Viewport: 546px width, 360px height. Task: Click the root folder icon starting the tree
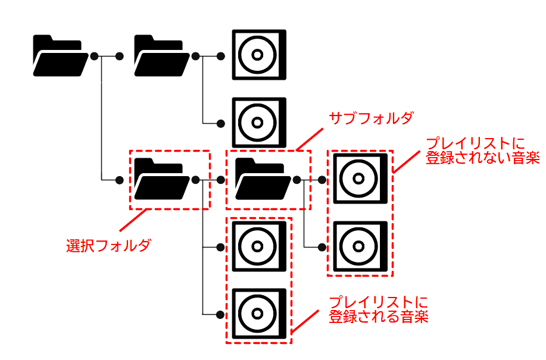click(58, 56)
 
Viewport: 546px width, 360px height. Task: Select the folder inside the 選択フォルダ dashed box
click(158, 179)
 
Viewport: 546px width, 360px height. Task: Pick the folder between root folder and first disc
click(158, 56)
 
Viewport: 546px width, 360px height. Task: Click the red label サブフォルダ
click(371, 118)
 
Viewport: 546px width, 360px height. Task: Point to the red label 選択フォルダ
click(108, 245)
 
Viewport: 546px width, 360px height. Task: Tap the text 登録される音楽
click(379, 316)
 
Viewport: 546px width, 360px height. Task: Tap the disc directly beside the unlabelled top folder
click(258, 55)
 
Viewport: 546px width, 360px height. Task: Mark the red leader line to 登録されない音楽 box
click(407, 160)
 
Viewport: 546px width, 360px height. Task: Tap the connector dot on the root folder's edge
click(93, 56)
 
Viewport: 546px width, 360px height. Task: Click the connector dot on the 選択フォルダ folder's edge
click(195, 179)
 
